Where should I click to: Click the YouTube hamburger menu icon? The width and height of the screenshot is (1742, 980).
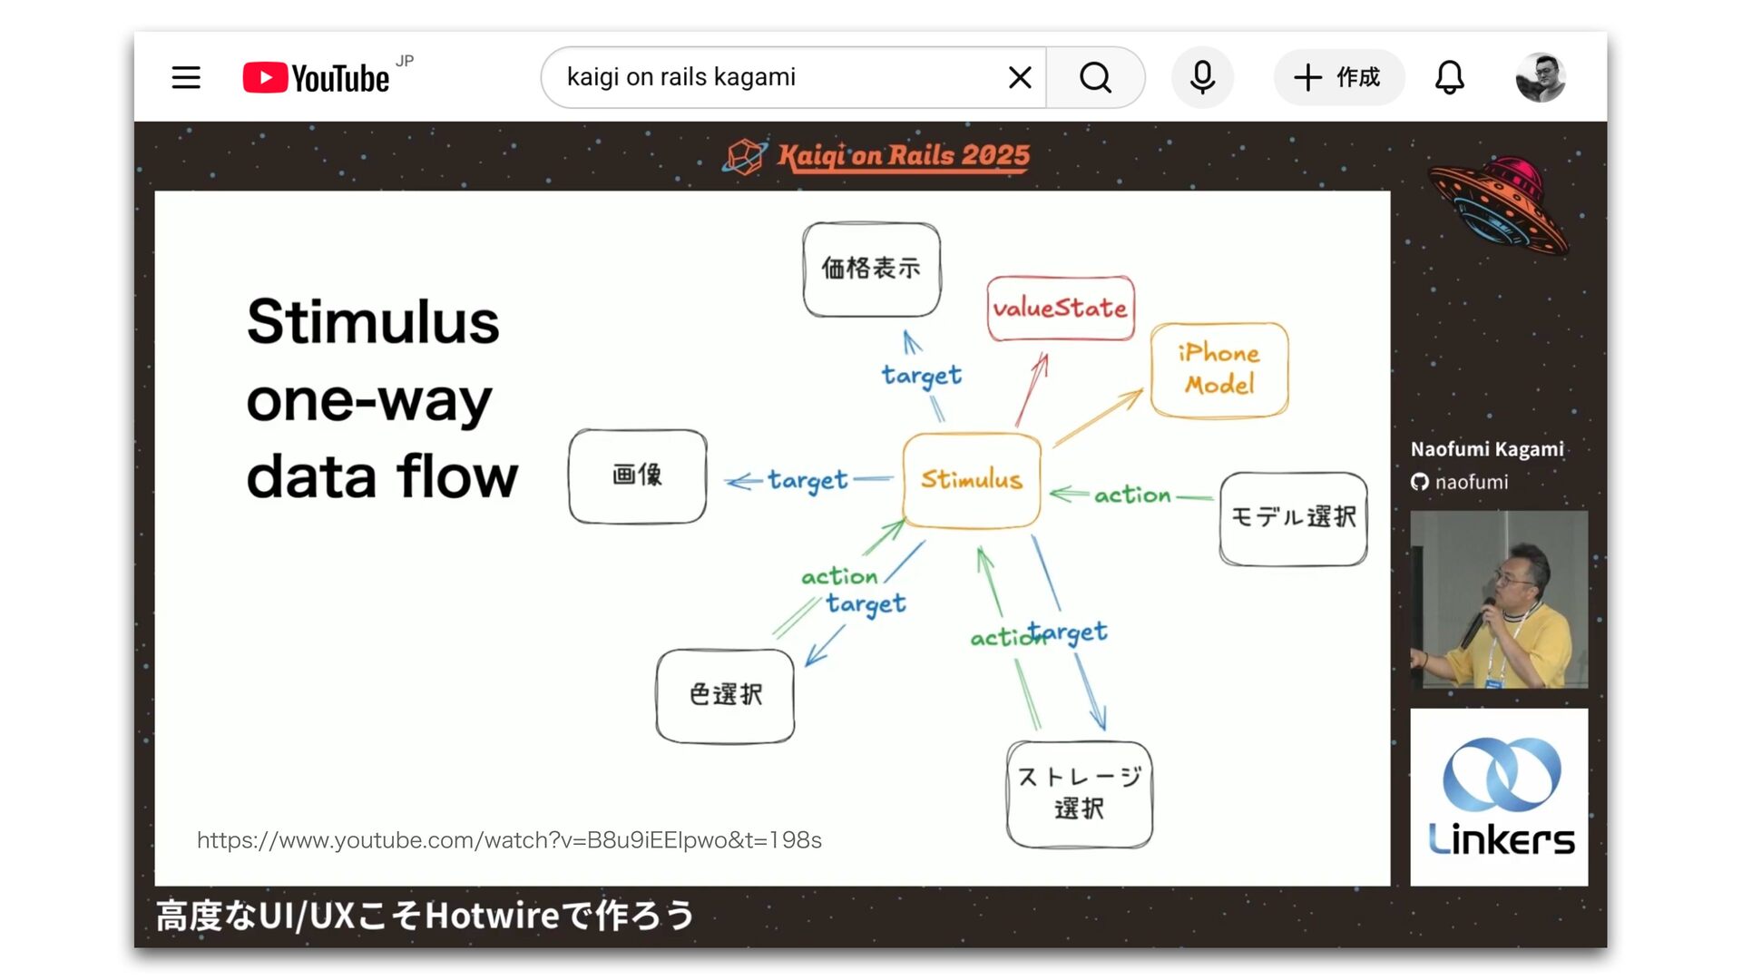[x=186, y=77]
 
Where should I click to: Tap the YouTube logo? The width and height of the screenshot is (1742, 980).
[x=317, y=78]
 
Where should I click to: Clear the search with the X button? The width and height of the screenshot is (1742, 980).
[x=1020, y=77]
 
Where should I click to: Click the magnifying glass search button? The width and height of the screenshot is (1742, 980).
[x=1095, y=77]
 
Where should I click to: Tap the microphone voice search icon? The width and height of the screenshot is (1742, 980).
[x=1202, y=77]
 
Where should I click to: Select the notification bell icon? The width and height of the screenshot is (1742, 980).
[x=1449, y=77]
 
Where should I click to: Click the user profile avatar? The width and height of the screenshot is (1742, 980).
[x=1541, y=77]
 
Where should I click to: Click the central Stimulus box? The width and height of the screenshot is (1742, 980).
[x=972, y=480]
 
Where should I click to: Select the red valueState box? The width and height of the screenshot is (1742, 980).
[x=1061, y=309]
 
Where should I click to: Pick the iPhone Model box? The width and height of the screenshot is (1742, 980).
[x=1219, y=370]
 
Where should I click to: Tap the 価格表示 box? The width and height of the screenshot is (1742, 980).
[x=871, y=269]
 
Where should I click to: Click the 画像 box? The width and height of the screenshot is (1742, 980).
[x=638, y=476]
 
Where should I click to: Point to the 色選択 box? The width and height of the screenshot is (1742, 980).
[x=725, y=696]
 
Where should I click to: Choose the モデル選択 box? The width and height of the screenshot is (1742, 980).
[x=1293, y=518]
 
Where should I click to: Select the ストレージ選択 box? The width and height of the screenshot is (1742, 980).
[x=1079, y=794]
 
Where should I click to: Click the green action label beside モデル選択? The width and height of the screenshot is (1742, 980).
[x=1132, y=495]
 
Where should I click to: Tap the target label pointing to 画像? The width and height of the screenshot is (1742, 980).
[x=807, y=480]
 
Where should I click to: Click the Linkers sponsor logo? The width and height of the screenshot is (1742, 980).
[x=1499, y=797]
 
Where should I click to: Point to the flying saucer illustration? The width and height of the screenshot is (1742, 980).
[x=1498, y=203]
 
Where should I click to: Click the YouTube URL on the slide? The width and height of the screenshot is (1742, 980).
[x=509, y=840]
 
